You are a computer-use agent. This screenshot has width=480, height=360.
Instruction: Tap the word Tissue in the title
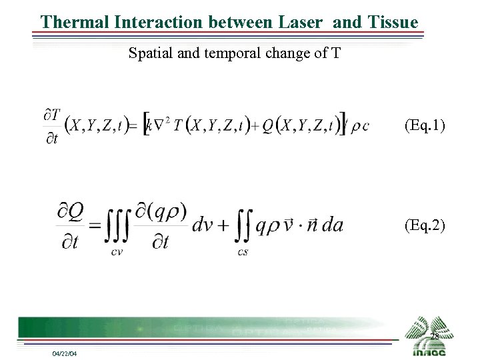point(393,21)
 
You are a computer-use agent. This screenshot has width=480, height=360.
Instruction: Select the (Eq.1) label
point(425,125)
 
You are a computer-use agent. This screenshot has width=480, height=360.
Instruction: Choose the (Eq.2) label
point(425,225)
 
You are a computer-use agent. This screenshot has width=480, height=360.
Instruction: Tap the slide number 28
point(434,337)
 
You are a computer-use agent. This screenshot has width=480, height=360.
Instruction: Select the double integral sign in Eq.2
point(243,224)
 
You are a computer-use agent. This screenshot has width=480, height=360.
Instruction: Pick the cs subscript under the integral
point(243,251)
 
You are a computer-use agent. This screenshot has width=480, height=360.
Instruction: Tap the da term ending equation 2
point(331,225)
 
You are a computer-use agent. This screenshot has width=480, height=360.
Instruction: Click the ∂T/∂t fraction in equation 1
point(52,127)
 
